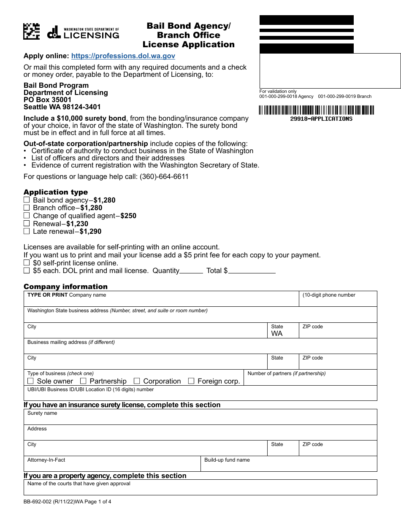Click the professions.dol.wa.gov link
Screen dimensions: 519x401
click(x=123, y=56)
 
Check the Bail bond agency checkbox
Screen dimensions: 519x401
click(x=27, y=200)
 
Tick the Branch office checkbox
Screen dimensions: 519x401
click(x=27, y=208)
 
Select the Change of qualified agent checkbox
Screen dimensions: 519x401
click(x=27, y=216)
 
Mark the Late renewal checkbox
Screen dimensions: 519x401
click(x=27, y=231)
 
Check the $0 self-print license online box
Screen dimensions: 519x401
click(x=27, y=263)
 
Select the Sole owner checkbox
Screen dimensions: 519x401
click(x=31, y=381)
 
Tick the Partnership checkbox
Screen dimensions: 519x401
click(x=84, y=381)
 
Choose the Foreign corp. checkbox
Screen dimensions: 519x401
click(x=191, y=381)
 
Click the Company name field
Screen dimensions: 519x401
click(x=160, y=300)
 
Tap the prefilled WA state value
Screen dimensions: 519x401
click(x=277, y=334)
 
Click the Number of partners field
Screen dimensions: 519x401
click(x=310, y=380)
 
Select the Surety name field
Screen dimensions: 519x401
click(x=200, y=419)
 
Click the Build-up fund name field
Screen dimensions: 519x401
click(x=289, y=465)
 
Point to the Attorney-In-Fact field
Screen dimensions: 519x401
click(x=112, y=465)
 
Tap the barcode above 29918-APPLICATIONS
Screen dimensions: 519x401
click(x=316, y=110)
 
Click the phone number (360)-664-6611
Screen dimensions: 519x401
click(x=164, y=177)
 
